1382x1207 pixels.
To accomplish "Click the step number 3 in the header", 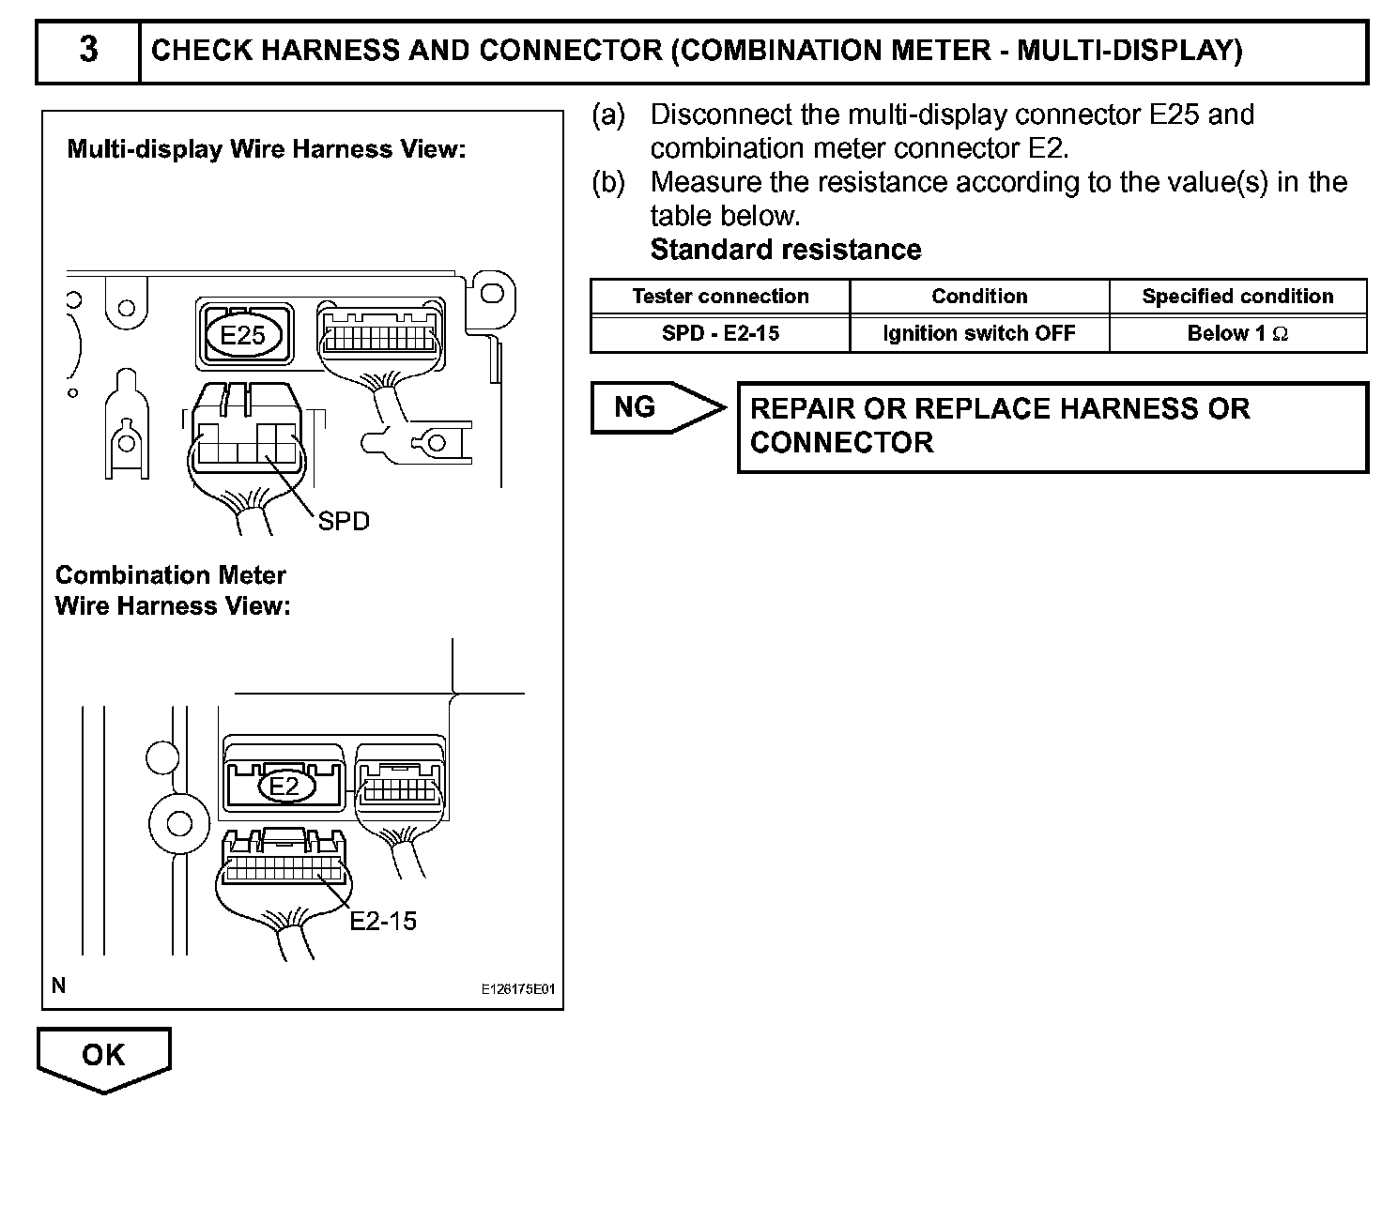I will [x=88, y=50].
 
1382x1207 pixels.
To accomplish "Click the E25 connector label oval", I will [x=242, y=335].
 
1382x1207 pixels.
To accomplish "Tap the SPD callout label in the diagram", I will [x=344, y=521].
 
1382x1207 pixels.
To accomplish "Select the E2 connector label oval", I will [x=284, y=786].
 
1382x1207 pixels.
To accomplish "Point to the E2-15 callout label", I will [x=382, y=921].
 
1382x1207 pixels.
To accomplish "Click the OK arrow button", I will [x=103, y=1057].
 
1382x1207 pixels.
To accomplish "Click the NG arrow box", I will [x=648, y=407].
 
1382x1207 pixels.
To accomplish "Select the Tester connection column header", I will [x=720, y=297].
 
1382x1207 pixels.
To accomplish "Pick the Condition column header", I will [x=979, y=297].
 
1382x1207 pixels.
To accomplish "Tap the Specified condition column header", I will [x=1237, y=297].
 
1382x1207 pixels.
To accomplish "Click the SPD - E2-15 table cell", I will [x=720, y=333].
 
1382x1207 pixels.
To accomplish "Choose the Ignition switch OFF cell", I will [x=979, y=333].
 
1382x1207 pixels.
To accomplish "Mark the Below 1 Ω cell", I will [x=1237, y=333].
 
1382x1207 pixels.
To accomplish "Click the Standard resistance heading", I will [x=786, y=250].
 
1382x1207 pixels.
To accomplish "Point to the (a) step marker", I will [x=607, y=115].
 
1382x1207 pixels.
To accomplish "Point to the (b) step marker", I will [x=607, y=182].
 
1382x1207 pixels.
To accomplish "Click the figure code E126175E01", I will [x=518, y=989].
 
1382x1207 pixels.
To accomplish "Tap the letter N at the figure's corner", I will [x=59, y=985].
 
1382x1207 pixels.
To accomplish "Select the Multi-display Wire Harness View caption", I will [x=267, y=149].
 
